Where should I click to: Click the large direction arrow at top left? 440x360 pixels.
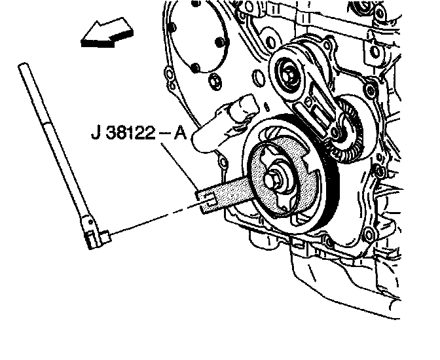[x=107, y=33]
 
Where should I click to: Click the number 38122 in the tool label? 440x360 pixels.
[x=131, y=132]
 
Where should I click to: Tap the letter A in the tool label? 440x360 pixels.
[x=180, y=132]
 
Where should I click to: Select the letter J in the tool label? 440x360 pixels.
[x=96, y=132]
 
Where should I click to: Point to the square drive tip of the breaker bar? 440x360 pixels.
[x=106, y=236]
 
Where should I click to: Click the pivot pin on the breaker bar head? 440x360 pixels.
[x=90, y=223]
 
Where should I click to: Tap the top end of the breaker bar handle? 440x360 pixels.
[x=23, y=65]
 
